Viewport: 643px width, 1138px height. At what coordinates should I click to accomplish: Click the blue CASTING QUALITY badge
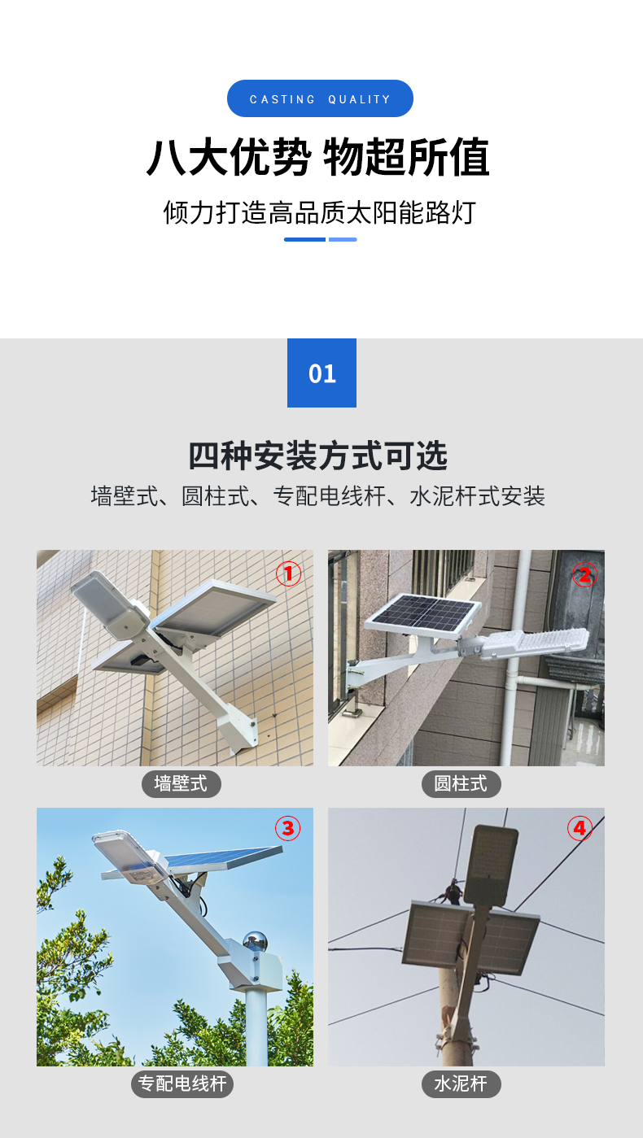[x=320, y=98]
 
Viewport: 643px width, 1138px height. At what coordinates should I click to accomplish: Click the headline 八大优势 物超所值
[x=318, y=157]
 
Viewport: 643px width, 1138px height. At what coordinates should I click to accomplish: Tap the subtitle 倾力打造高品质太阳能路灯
[x=320, y=212]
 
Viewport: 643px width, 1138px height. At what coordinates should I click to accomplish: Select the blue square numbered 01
[x=321, y=373]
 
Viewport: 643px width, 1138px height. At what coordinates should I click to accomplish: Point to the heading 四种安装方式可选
[x=318, y=456]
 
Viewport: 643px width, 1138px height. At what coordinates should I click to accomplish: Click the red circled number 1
[x=289, y=573]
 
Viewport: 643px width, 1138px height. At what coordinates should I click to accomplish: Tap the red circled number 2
[x=584, y=574]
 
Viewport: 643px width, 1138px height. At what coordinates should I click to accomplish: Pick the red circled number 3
[x=287, y=828]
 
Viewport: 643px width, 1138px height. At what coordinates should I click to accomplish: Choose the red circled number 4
[x=580, y=828]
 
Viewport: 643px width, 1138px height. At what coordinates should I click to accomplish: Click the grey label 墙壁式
[x=181, y=784]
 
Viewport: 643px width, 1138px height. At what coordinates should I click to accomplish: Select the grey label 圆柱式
[x=461, y=784]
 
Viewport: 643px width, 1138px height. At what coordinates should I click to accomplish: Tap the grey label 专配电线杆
[x=182, y=1083]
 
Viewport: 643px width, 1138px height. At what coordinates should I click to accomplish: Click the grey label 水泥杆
[x=461, y=1083]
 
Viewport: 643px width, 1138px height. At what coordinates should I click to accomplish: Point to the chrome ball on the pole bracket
[x=256, y=941]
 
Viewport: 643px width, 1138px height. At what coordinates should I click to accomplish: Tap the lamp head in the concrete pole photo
[x=491, y=865]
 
